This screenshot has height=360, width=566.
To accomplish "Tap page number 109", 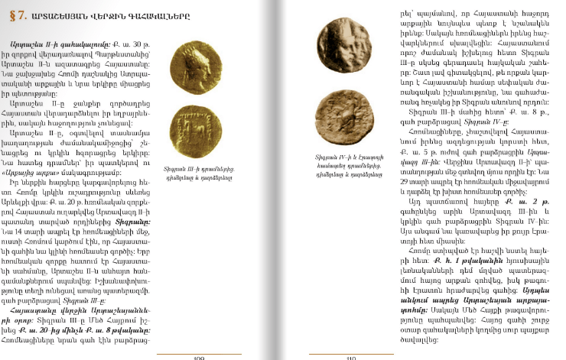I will tap(199, 356).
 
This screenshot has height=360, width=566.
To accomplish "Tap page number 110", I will tap(351, 356).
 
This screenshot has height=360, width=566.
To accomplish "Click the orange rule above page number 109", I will tap(198, 351).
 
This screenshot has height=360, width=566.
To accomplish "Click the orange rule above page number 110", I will tap(351, 351).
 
